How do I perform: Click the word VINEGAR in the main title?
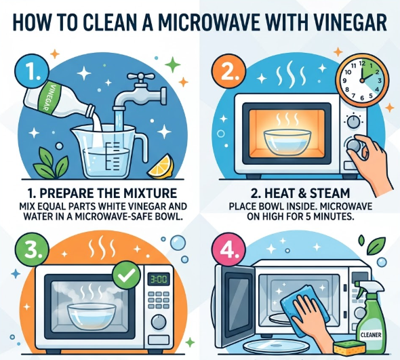(350, 22)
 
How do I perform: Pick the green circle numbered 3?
(32, 249)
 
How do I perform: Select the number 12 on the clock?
(362, 63)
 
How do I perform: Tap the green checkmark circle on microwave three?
(127, 275)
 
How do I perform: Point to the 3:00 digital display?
(159, 279)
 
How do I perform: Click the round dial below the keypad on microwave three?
(159, 321)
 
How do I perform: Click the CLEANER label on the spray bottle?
(371, 334)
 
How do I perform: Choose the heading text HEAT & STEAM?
(300, 193)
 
